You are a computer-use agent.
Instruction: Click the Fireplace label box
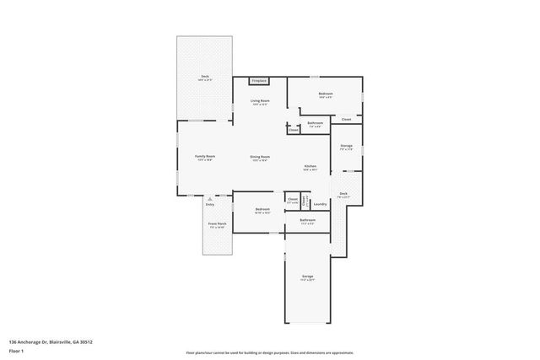click(x=259, y=81)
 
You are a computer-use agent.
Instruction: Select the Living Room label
click(x=259, y=100)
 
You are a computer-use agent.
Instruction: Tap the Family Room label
click(x=205, y=156)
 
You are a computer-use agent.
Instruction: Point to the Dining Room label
click(x=259, y=157)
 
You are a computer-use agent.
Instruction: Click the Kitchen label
click(x=310, y=166)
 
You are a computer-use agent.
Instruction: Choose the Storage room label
click(x=346, y=146)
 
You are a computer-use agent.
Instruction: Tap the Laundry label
click(x=320, y=204)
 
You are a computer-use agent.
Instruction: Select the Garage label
click(x=307, y=277)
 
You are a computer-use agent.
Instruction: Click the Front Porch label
click(x=216, y=224)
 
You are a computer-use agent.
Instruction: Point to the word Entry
click(x=210, y=204)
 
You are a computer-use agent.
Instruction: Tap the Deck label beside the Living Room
click(x=204, y=76)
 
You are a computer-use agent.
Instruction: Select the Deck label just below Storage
click(x=343, y=194)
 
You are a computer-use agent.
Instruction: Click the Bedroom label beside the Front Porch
click(x=262, y=209)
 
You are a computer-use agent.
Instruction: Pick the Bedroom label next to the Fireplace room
click(x=325, y=94)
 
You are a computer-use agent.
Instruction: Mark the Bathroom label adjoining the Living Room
click(x=315, y=123)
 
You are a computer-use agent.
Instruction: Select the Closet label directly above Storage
click(x=346, y=120)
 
